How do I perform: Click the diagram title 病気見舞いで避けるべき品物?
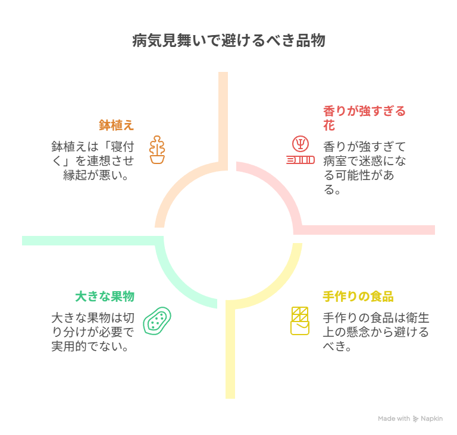point(228,41)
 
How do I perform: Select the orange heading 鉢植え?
point(116,125)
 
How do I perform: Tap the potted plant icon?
point(157,150)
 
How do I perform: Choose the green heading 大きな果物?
point(105,296)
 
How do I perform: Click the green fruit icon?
point(158,321)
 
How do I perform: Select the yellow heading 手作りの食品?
point(358,296)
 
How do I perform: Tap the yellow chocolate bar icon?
point(300,320)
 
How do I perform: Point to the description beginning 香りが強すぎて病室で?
point(364,168)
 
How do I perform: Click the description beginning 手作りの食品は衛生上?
point(375,332)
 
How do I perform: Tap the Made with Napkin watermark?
point(410,418)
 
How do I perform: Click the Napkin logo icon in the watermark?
point(415,418)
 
